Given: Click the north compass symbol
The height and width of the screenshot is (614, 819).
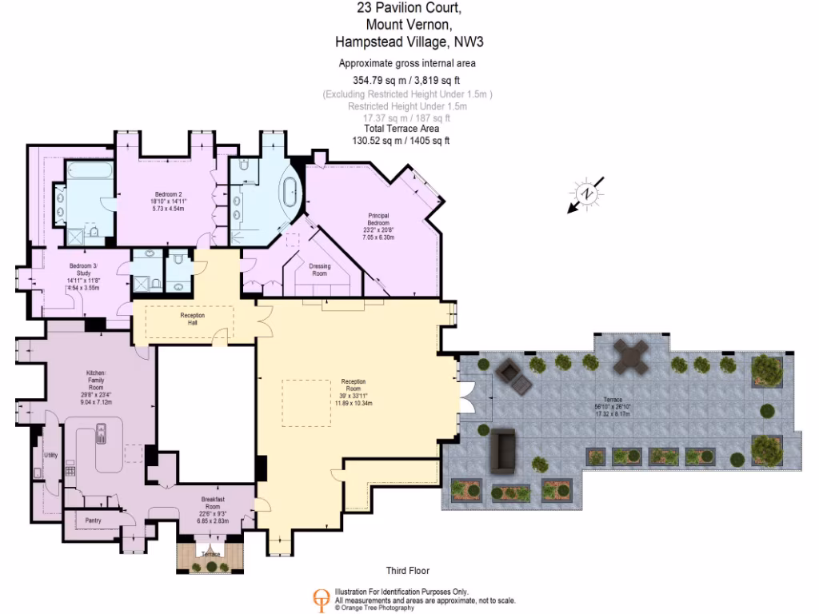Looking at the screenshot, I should tap(587, 194).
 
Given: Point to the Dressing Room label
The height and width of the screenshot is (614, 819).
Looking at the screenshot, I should tap(319, 269).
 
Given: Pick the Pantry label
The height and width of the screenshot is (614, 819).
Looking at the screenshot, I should tap(93, 520).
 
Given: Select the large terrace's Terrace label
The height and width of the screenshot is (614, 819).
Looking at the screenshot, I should tap(613, 399).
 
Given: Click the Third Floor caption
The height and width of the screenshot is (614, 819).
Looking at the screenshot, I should tap(407, 571).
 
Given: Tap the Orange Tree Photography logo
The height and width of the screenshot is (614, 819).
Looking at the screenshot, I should tap(321, 600).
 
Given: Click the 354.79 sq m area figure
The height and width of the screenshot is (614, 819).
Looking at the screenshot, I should tap(379, 80).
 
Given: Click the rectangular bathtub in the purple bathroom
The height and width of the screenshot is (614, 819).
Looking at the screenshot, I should tap(90, 177).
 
